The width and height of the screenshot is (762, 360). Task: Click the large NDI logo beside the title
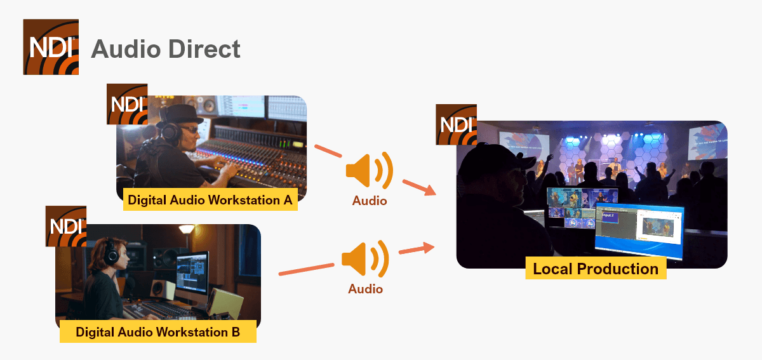tap(51, 47)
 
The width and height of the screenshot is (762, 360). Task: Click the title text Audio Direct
tap(166, 49)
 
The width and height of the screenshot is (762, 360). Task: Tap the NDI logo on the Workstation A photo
tap(127, 104)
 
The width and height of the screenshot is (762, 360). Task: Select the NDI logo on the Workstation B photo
tap(66, 226)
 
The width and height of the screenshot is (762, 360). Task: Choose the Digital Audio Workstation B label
tap(157, 331)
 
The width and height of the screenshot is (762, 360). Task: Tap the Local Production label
tap(596, 269)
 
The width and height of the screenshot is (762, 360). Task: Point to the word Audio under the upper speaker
tap(370, 201)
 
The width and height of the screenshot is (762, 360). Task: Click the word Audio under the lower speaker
tap(365, 289)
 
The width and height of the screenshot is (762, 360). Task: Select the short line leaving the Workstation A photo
tap(328, 152)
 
